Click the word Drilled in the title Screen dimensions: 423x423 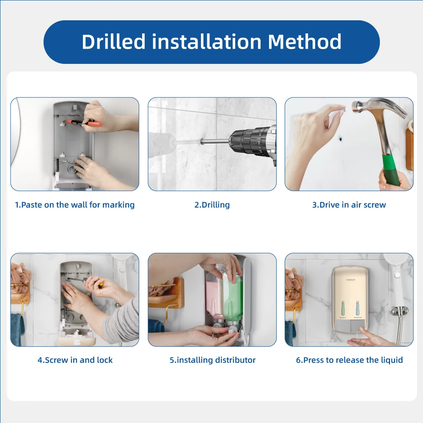(x=113, y=41)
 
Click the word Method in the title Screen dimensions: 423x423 (x=305, y=41)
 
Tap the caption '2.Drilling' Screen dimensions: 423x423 (x=212, y=205)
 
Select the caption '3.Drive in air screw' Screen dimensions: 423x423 (x=349, y=205)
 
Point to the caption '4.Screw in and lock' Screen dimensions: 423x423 (x=75, y=360)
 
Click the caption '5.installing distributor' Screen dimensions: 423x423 (x=212, y=360)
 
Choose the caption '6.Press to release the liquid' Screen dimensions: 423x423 (x=349, y=360)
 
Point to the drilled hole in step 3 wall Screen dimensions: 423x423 (x=341, y=139)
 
